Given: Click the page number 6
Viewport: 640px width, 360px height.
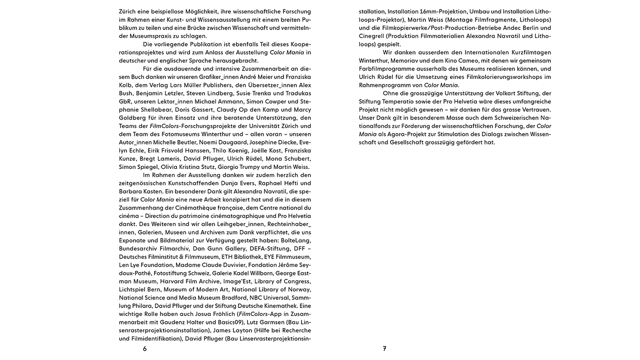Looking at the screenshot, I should pos(144,349).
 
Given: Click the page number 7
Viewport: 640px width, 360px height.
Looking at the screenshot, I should pos(384,349).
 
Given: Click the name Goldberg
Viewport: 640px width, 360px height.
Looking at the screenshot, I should pos(133,117).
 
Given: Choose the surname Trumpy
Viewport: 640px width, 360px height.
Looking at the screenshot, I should pos(258,166).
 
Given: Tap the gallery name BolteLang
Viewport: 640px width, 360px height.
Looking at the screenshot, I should pos(295,240).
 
